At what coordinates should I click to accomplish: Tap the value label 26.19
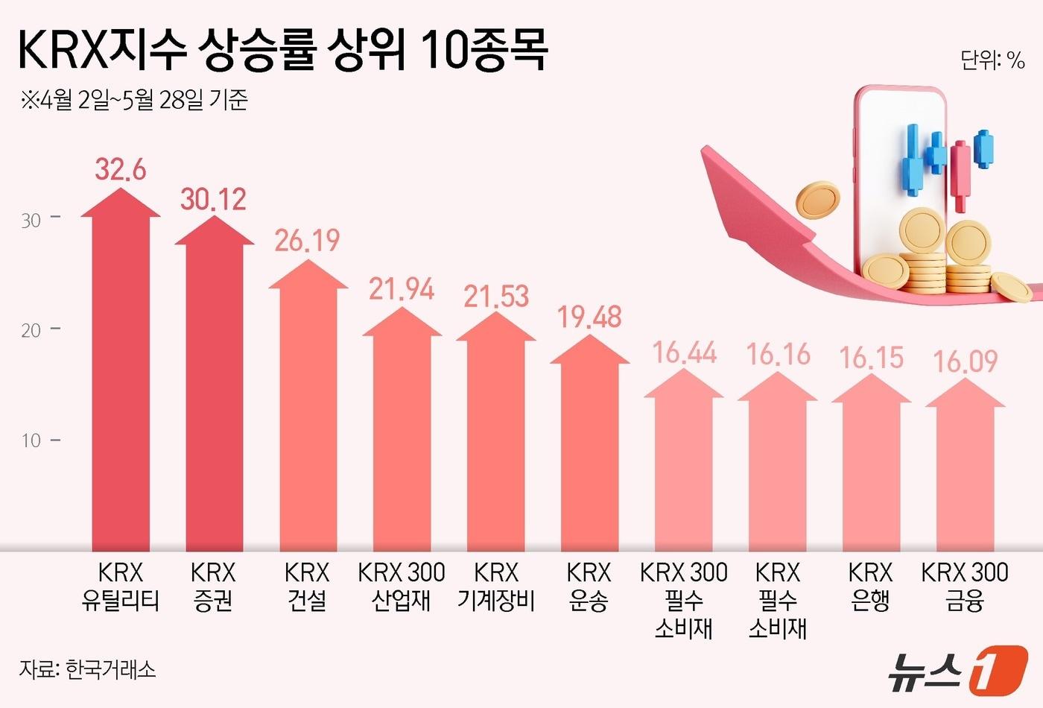pos(307,240)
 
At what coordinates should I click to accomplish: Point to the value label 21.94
pos(402,289)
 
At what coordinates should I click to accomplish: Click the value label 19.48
pos(589,317)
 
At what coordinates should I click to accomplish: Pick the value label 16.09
pos(966,362)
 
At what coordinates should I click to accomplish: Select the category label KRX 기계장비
pos(496,587)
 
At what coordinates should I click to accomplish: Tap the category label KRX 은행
pos(870,587)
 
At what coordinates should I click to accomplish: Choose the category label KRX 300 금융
pos(965,587)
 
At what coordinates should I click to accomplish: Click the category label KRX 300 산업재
pos(402,587)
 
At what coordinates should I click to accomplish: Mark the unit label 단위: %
pos(992,60)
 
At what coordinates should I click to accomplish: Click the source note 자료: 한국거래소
pos(88,669)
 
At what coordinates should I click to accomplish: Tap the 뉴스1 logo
pos(957,669)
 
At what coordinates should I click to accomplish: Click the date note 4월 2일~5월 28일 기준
pos(134,100)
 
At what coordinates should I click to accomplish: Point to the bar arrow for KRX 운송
pos(589,447)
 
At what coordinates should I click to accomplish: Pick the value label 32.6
pos(121,170)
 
